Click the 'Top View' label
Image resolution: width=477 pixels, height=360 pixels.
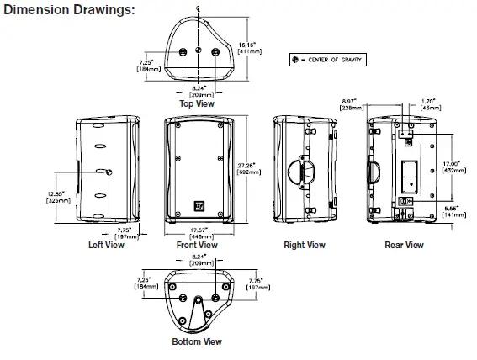coord(197,103)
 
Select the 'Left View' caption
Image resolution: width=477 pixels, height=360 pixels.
coord(106,246)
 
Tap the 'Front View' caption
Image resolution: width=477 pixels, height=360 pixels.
coord(198,246)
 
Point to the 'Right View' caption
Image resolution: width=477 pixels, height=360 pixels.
coord(305,246)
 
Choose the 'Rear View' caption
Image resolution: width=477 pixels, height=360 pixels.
coord(404,246)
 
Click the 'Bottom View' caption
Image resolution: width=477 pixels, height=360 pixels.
coord(197,342)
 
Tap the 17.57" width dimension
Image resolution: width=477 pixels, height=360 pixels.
coord(198,230)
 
